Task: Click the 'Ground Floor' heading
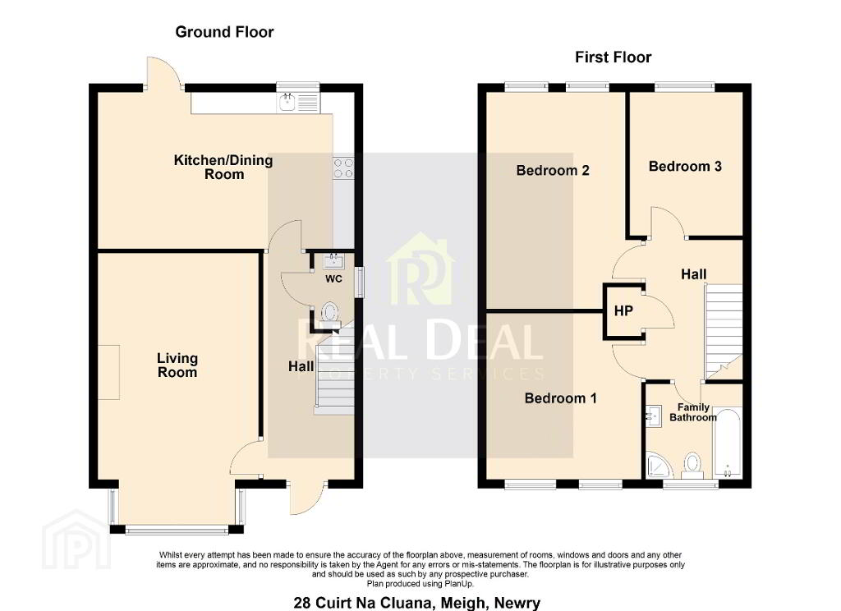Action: coord(224,32)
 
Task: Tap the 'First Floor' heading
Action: coord(613,57)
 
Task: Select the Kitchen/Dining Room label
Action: coord(223,167)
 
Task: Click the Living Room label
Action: coord(177,365)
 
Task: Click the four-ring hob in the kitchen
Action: coord(343,168)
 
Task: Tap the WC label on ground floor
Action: coord(333,279)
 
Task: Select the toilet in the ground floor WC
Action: coord(329,313)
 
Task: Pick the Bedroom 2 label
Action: coord(553,171)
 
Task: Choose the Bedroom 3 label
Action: coord(685,166)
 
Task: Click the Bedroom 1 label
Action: coord(560,398)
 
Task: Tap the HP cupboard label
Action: coord(623,310)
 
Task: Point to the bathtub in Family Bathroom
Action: coord(728,443)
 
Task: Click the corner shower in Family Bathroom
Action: coord(659,466)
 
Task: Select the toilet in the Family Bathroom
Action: coord(692,466)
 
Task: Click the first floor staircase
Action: coord(724,333)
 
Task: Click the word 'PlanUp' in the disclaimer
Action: coord(459,584)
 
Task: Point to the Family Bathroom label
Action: coord(693,412)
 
